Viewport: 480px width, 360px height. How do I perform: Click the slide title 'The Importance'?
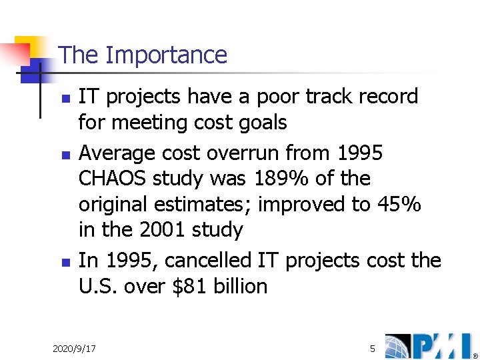pos(143,55)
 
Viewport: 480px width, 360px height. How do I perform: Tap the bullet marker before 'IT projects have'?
pos(65,97)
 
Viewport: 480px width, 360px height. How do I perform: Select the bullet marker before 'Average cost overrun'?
pos(65,154)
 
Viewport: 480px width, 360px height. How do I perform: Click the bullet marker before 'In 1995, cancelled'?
pos(65,261)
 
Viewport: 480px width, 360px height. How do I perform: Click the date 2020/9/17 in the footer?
pos(74,349)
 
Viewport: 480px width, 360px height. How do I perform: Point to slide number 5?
pos(373,349)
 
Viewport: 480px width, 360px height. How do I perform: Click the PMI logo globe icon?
pos(399,346)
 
